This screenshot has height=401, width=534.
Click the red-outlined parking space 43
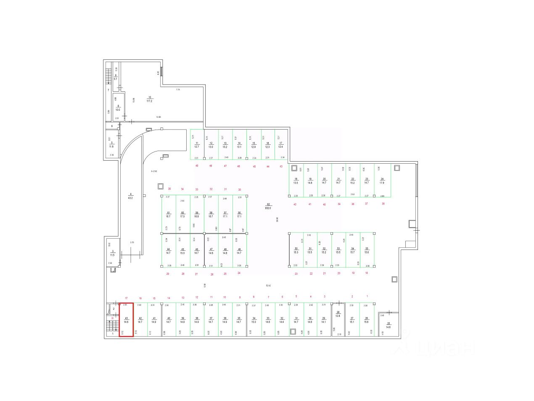point(126,320)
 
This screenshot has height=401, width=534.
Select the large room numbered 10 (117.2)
point(149,99)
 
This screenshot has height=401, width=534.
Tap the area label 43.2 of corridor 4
point(130,198)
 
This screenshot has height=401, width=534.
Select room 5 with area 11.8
point(111,145)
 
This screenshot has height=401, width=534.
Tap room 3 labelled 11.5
point(112,253)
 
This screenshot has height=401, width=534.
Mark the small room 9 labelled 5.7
point(116,77)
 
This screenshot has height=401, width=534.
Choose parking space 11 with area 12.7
point(196,145)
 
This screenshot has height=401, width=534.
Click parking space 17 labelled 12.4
point(280,145)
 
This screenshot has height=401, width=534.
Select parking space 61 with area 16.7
point(168,215)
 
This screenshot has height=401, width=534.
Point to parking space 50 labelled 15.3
point(296,250)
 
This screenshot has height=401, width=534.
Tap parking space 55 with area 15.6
point(367,250)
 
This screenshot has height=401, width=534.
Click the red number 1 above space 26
point(367,297)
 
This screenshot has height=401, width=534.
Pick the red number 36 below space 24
point(383,204)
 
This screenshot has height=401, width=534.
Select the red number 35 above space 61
point(169,189)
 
